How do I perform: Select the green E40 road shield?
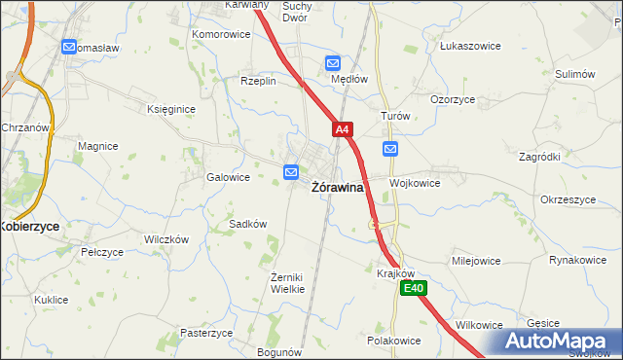coord(415,288)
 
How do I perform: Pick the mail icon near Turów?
coord(390,149)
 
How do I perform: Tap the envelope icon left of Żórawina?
coord(291,172)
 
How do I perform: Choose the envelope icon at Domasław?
coord(68,46)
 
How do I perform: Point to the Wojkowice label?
coord(415,183)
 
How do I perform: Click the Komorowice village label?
coord(220,34)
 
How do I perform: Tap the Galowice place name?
coord(228,178)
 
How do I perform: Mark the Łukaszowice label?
coord(469,46)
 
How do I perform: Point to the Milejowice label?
coord(475,262)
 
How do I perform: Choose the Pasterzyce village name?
coord(206,333)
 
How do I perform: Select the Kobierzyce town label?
coord(29,226)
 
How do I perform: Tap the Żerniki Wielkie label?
coord(287,283)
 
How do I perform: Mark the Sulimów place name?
coord(574,74)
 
